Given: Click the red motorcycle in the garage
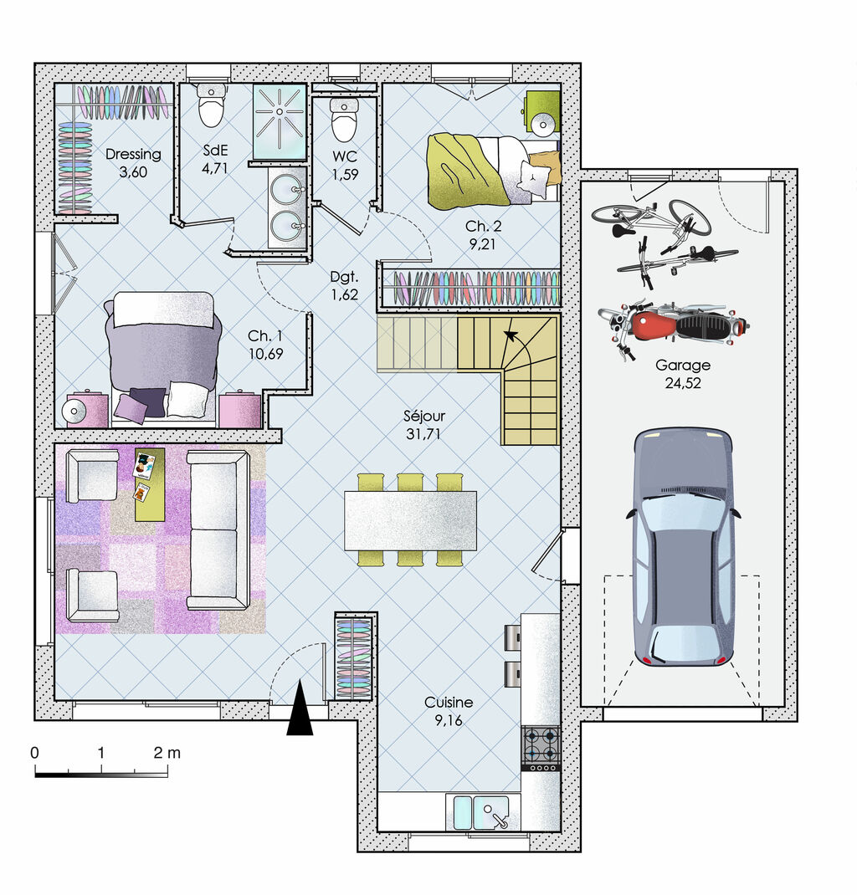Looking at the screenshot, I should click(674, 325).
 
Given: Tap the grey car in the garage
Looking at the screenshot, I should click(682, 547).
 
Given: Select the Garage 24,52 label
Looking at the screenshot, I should click(683, 375).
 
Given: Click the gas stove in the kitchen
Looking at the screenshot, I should click(540, 747).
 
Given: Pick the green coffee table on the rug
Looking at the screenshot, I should click(150, 484).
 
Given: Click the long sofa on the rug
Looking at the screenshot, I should click(218, 529).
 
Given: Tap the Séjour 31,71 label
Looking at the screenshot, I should click(423, 425).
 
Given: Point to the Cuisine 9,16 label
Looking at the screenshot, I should click(448, 711).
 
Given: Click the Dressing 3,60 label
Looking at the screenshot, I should click(133, 162).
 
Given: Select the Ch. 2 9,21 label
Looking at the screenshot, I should click(484, 236).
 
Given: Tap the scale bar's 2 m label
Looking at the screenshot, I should click(167, 752).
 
